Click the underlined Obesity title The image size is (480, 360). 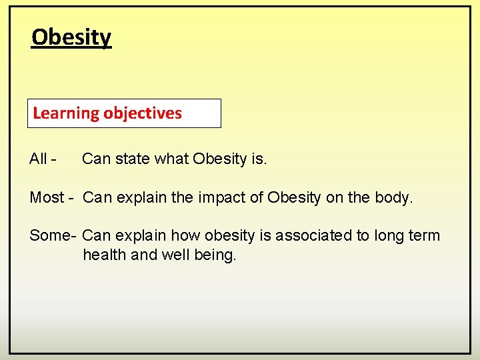point(71,37)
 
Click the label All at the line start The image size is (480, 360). point(38,159)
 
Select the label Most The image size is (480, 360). point(47,198)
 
